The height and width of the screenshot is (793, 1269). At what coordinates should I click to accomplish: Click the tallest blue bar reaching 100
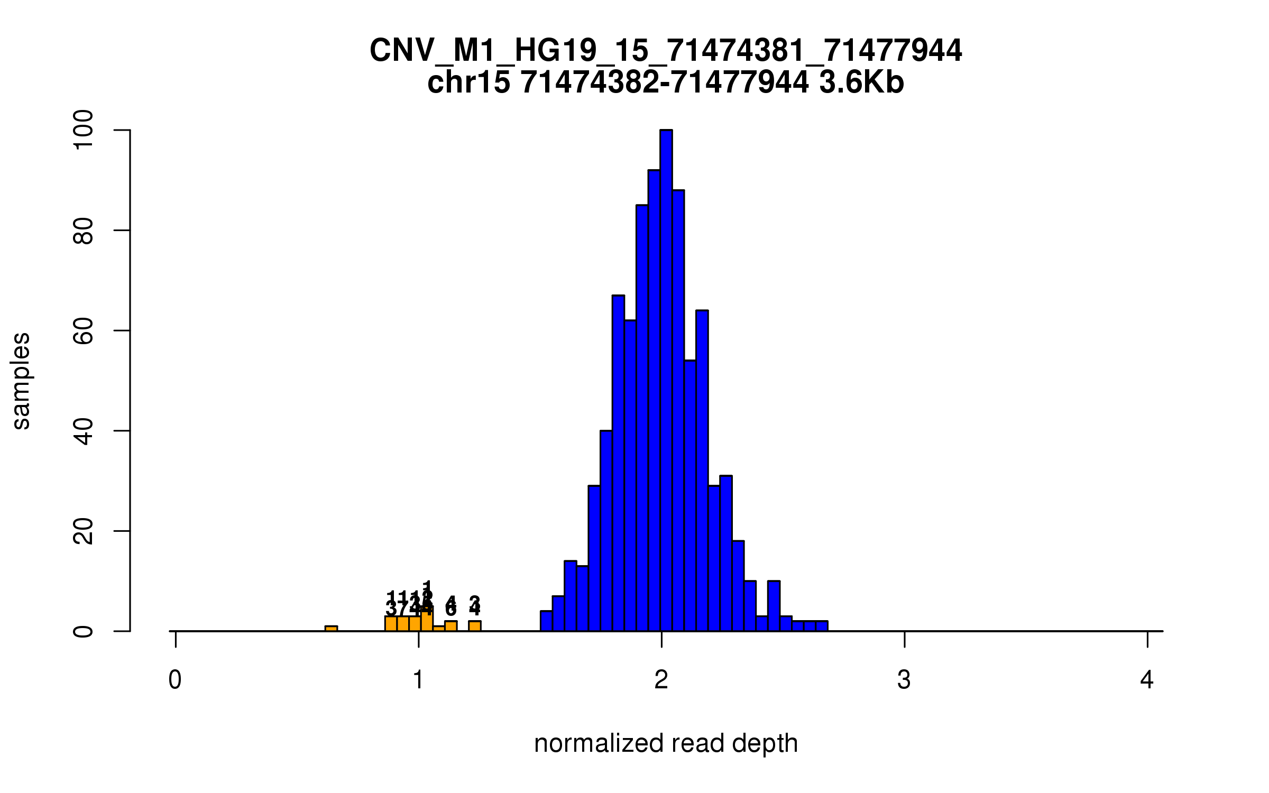(x=666, y=381)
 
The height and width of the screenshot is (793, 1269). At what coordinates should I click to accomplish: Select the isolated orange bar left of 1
(x=331, y=629)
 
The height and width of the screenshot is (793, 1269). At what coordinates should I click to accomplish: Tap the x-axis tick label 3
(x=904, y=680)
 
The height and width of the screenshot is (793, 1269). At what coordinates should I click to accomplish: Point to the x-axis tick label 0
(x=175, y=680)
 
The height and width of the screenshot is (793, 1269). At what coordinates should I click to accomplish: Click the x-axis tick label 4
(x=1147, y=680)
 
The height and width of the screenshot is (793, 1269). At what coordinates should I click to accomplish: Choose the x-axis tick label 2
(x=661, y=680)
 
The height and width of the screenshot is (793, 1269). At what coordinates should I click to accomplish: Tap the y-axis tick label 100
(x=84, y=130)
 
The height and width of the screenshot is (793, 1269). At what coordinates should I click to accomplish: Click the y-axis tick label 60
(x=84, y=330)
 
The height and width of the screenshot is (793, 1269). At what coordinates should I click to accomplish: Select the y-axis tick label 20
(x=84, y=531)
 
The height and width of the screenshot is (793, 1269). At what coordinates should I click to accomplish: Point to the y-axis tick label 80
(x=84, y=230)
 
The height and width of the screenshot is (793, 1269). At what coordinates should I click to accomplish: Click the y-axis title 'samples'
(x=21, y=381)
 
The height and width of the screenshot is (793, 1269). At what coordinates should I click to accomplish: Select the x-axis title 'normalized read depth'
(x=666, y=743)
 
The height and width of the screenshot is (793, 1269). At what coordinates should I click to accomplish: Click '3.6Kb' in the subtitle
(x=861, y=83)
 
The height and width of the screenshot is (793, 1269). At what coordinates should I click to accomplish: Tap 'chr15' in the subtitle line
(x=468, y=83)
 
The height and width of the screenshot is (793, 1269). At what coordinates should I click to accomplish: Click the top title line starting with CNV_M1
(x=666, y=51)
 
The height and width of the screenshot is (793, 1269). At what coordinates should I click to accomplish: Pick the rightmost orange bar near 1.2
(x=475, y=626)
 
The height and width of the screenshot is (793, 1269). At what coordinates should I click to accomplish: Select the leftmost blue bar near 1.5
(x=546, y=621)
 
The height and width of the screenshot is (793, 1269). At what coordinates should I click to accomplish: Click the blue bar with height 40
(x=606, y=531)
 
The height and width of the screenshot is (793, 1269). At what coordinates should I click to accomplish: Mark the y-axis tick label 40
(x=84, y=431)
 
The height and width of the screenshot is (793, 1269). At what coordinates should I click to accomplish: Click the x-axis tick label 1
(x=418, y=680)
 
